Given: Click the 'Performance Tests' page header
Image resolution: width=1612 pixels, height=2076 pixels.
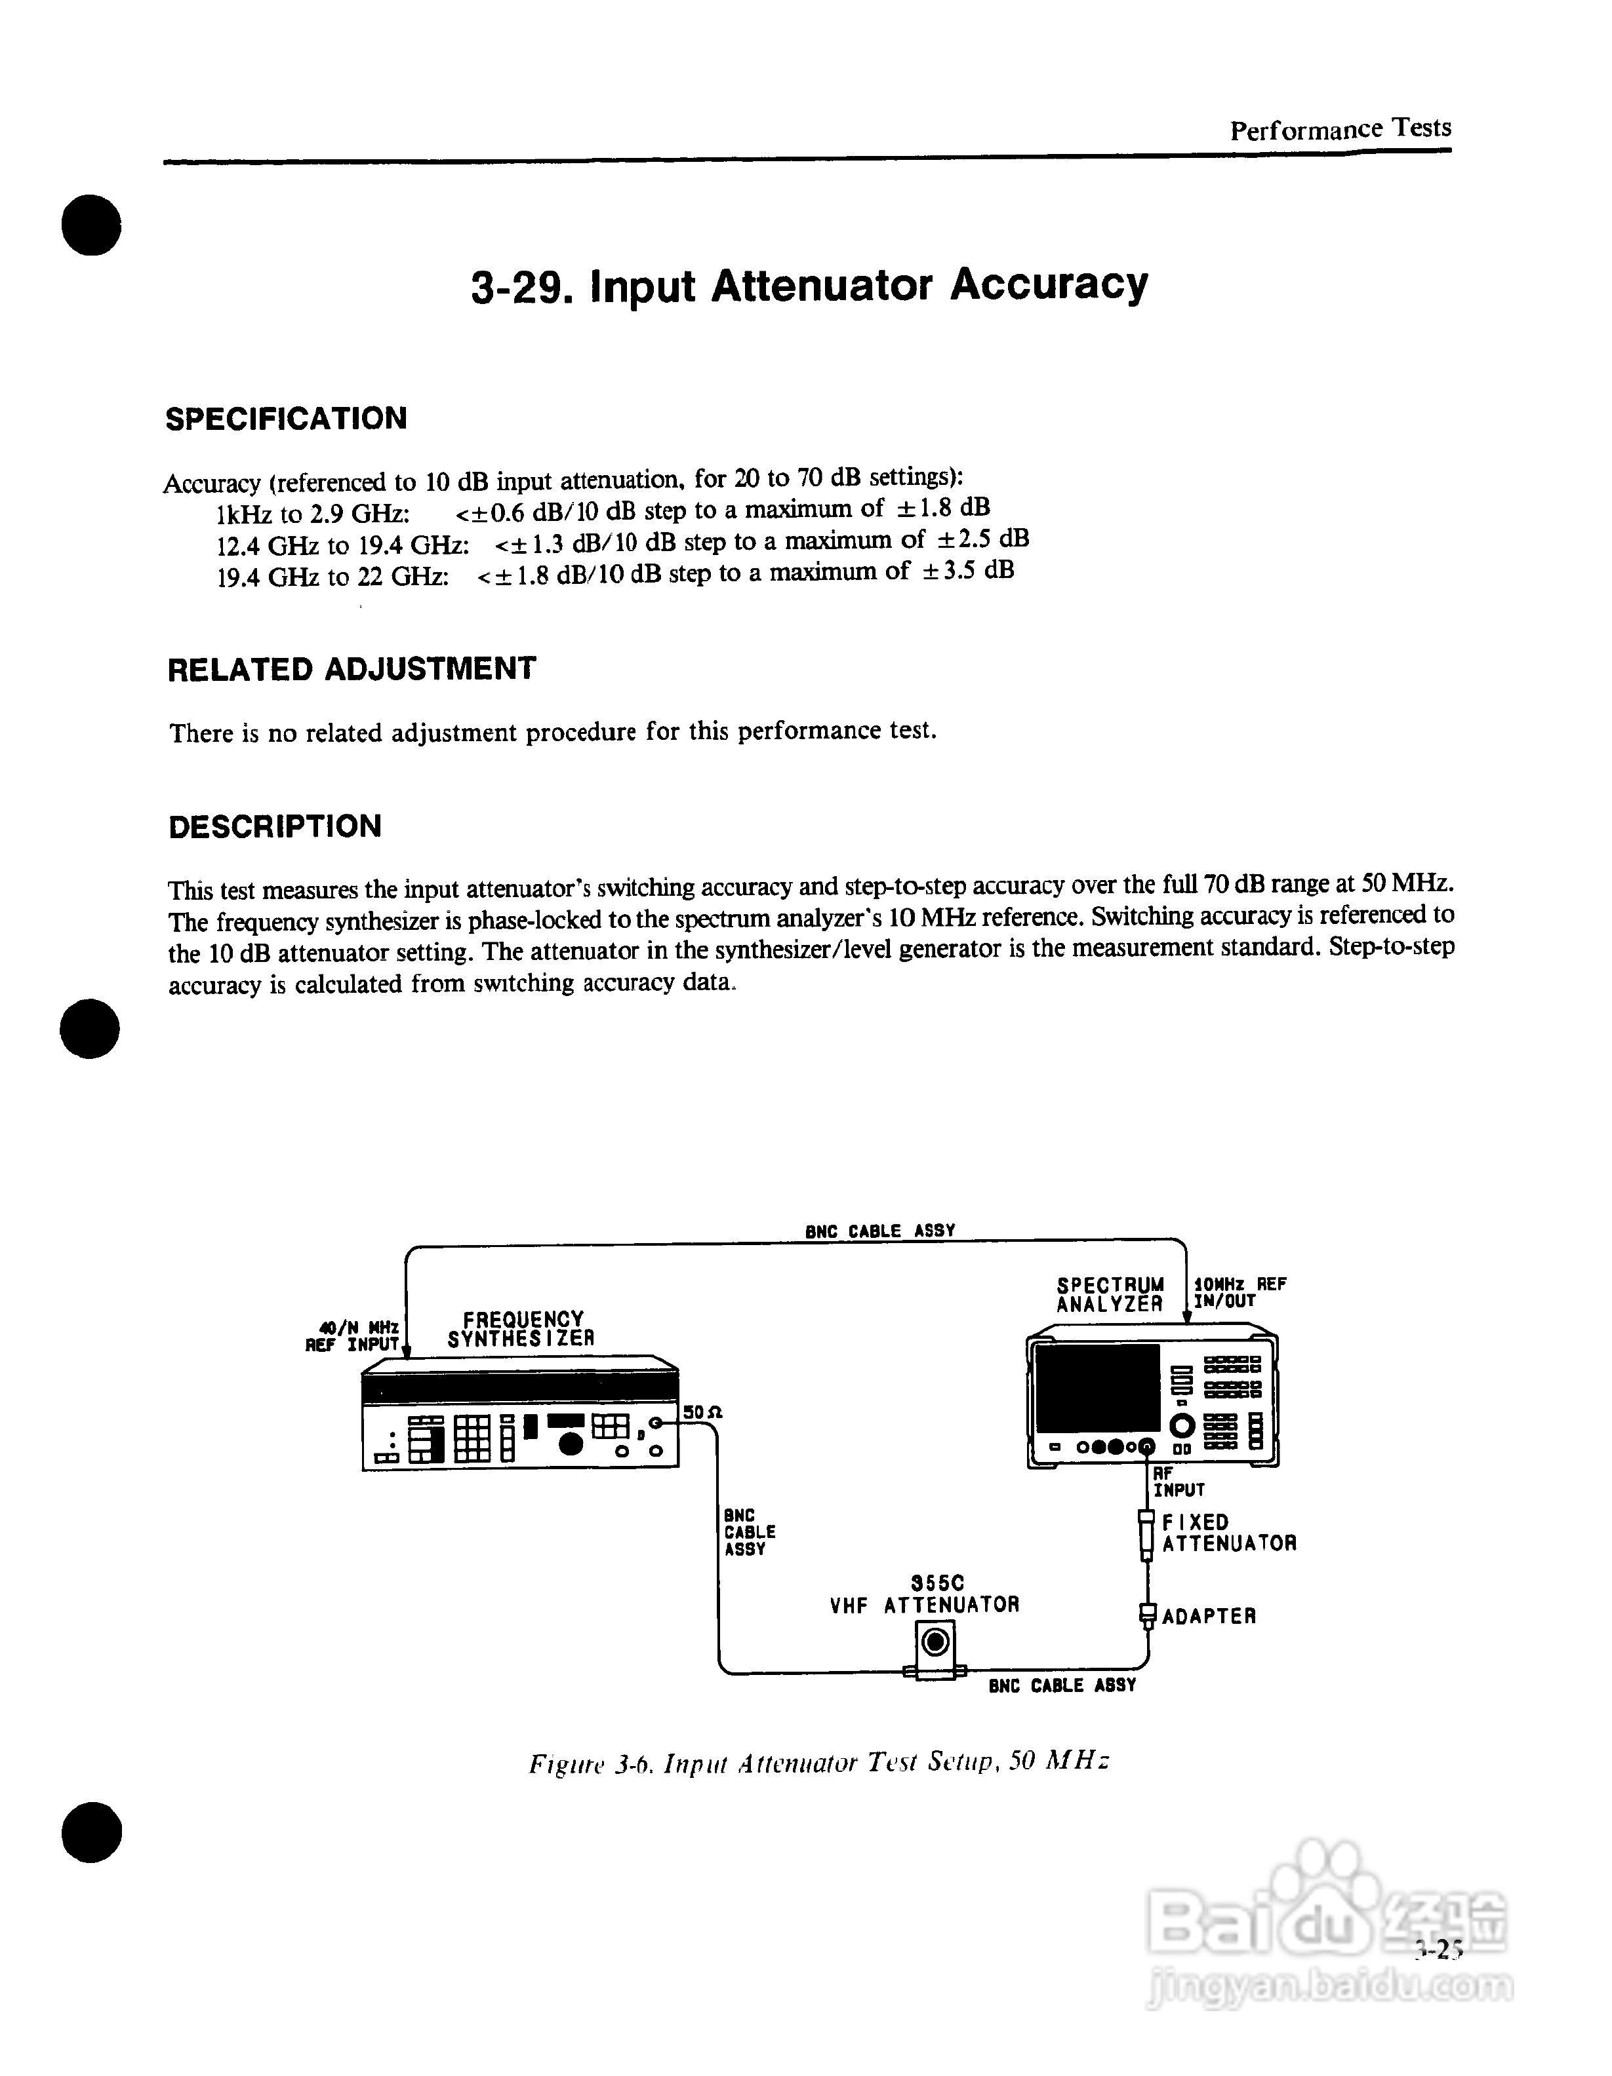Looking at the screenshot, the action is tap(1339, 129).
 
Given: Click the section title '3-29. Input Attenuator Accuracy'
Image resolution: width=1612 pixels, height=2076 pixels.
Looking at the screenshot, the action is tap(809, 285).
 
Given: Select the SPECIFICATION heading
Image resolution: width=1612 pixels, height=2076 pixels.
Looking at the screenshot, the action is tap(286, 418).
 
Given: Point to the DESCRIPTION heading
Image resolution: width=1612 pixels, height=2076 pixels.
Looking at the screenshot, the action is tap(275, 826).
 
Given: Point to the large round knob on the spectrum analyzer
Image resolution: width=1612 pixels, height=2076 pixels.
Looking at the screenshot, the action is tap(1182, 1426).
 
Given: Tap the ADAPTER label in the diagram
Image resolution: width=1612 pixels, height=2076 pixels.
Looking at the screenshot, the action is tap(1208, 1616).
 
